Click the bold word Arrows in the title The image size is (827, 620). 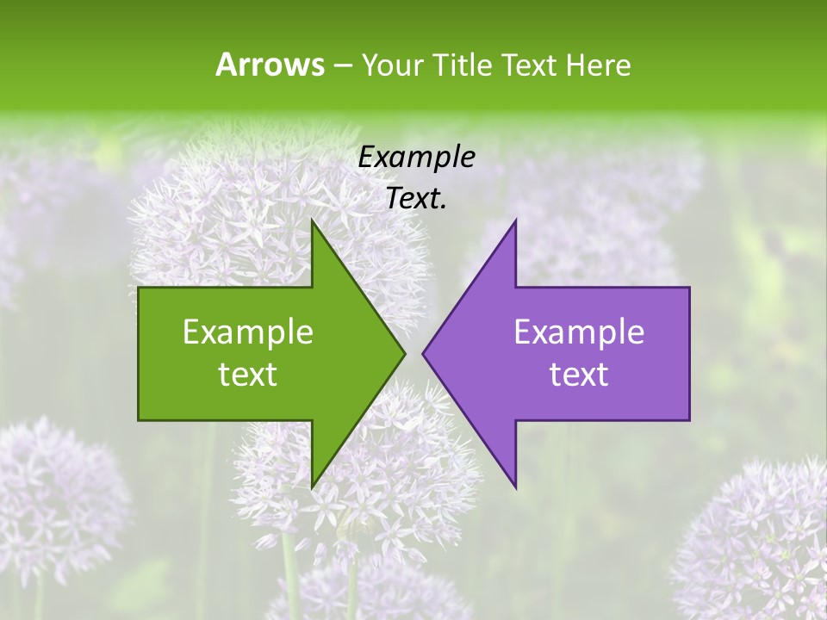pyautogui.click(x=269, y=65)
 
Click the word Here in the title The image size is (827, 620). pyautogui.click(x=597, y=65)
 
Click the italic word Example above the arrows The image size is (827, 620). pyautogui.click(x=416, y=158)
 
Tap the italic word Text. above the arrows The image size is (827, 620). pyautogui.click(x=416, y=199)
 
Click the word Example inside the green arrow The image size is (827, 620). pyautogui.click(x=248, y=332)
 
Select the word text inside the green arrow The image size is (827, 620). pyautogui.click(x=248, y=375)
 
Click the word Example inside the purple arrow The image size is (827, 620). pyautogui.click(x=579, y=332)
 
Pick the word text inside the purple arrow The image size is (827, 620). pyautogui.click(x=579, y=375)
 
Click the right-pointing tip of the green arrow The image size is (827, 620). pyautogui.click(x=403, y=353)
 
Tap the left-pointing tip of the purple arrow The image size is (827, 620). pyautogui.click(x=424, y=353)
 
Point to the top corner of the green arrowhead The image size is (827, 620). pyautogui.click(x=312, y=221)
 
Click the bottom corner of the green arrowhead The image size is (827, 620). pyautogui.click(x=312, y=486)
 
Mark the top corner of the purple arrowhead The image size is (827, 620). pyautogui.click(x=515, y=221)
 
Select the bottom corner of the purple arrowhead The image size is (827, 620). pyautogui.click(x=515, y=486)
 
